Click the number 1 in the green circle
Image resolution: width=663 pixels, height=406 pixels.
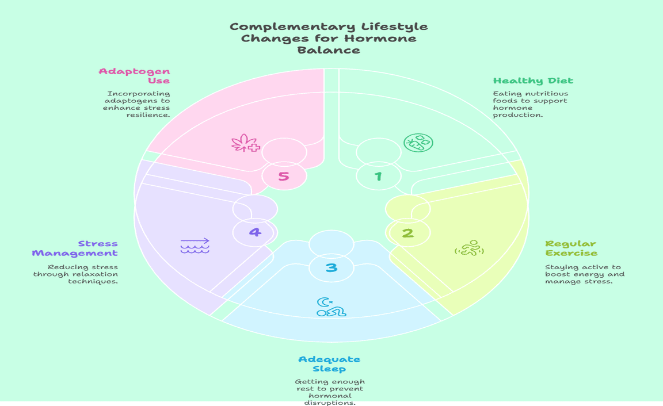coord(378,177)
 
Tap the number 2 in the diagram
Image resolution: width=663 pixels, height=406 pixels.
coord(407,233)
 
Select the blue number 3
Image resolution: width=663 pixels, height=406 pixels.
coord(331,268)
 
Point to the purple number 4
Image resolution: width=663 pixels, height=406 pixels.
coord(255,232)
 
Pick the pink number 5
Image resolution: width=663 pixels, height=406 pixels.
coord(284,176)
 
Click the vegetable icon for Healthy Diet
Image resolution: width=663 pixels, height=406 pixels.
coord(418,143)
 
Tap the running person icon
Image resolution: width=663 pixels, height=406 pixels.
coord(469,248)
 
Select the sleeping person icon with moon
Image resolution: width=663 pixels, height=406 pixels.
coord(331,307)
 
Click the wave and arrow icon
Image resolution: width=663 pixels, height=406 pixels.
coord(195,246)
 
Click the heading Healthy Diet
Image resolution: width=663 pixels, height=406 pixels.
coord(533,81)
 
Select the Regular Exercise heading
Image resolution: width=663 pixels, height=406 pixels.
coord(571,248)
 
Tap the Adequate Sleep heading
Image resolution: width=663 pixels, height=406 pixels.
coord(329,364)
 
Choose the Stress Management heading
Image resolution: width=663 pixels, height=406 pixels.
coord(75,248)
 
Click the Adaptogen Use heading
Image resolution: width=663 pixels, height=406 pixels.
coord(134,76)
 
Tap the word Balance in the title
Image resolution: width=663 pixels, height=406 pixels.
coord(329,50)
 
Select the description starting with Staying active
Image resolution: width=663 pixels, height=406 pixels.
coord(584,274)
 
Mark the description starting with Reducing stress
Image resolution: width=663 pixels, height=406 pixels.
coord(75,274)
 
